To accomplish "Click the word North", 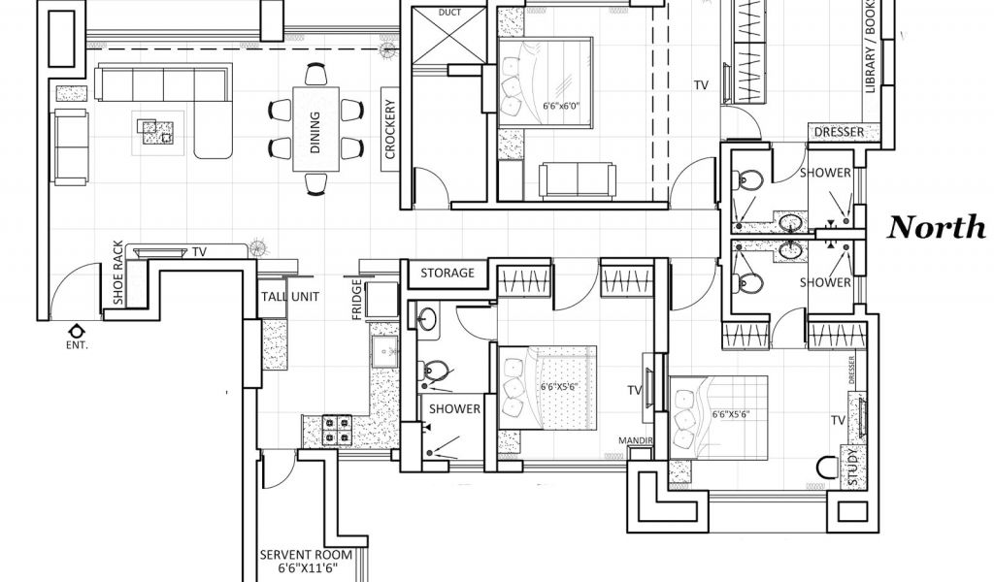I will click(x=937, y=227).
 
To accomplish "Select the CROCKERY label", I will click(x=390, y=130).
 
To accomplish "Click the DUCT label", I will click(x=449, y=13).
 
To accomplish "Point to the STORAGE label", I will click(x=447, y=274).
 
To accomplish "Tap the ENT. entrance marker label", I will click(x=76, y=344).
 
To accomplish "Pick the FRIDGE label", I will click(x=358, y=302).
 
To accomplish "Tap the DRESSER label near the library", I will click(x=839, y=132).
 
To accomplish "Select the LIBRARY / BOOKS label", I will click(x=872, y=53).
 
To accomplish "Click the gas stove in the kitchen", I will click(x=335, y=429).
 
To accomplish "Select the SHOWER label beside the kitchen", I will click(x=454, y=408).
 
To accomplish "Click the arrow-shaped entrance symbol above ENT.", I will click(x=76, y=329).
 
